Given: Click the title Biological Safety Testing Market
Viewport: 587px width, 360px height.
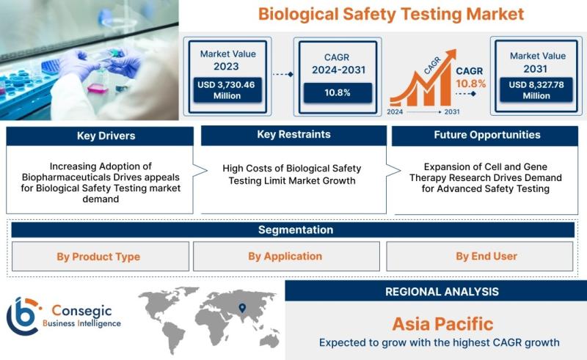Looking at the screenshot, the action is coord(391,15).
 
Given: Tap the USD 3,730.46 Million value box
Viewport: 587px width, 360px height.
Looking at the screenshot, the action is coord(227,89).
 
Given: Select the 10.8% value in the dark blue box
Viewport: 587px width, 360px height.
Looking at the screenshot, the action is coord(338,93).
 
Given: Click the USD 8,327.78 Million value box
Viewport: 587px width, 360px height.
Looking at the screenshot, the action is coord(536,89).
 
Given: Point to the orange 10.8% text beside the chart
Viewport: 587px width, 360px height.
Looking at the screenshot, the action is coord(470,84).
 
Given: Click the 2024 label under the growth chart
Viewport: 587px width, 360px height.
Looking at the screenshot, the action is coord(395,112).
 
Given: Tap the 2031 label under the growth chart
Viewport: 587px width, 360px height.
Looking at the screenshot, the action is coord(452,112).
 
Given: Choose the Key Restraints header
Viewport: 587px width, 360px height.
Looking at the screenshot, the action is coord(294,135).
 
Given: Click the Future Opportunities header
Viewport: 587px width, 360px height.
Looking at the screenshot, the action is coord(485,136).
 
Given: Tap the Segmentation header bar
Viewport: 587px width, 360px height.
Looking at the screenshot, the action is coord(293,229).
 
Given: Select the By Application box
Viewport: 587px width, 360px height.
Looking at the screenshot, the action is coord(286,257).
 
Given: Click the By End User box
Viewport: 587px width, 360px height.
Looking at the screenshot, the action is coord(480,257).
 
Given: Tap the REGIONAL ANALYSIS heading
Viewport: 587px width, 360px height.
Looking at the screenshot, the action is coord(442,292).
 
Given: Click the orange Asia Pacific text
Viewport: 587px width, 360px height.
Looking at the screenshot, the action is coord(443,324).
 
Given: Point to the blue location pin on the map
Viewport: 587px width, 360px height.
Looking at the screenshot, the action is coord(243,308).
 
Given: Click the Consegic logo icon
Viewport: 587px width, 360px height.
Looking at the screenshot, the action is coord(23,316).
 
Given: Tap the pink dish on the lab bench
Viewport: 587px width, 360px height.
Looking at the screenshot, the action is coord(98,88).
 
